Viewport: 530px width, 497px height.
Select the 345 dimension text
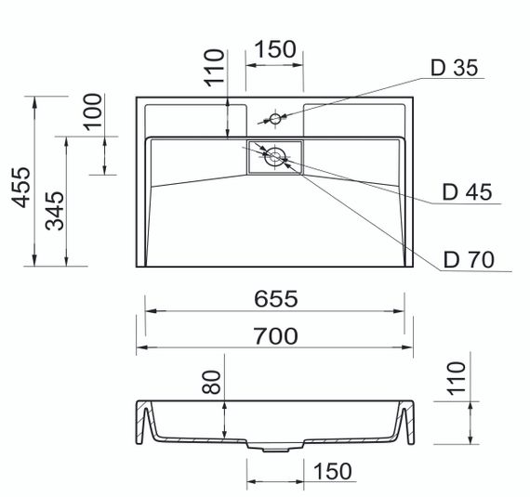[x=55, y=211]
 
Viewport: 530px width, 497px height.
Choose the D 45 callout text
[x=466, y=192]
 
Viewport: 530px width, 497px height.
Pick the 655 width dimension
[x=275, y=298]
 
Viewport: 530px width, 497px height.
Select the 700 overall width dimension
[x=275, y=335]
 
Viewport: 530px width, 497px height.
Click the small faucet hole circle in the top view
[x=275, y=119]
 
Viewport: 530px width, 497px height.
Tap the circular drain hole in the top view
[x=275, y=156]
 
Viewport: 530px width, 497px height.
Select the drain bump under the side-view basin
[x=275, y=448]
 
